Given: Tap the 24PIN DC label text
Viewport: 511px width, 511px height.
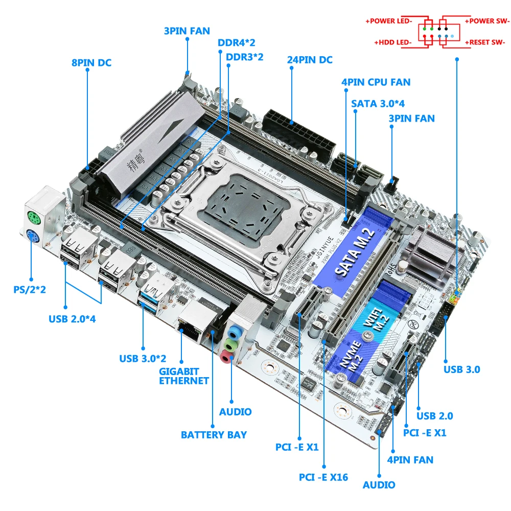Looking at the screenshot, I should tap(310, 60).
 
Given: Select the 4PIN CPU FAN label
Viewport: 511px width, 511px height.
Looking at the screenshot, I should tap(376, 82).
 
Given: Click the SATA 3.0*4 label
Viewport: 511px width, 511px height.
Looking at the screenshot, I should tap(378, 103).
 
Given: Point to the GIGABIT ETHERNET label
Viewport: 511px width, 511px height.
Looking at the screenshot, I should tap(184, 376).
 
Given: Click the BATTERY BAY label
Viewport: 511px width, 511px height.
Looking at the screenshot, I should tap(214, 435).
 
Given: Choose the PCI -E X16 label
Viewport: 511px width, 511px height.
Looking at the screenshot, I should tap(323, 477).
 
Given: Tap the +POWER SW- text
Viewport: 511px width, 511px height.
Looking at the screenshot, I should tap(487, 21).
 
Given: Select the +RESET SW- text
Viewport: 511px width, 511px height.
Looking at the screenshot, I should tap(487, 42).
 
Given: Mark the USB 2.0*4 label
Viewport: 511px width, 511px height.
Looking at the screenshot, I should tap(73, 319).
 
